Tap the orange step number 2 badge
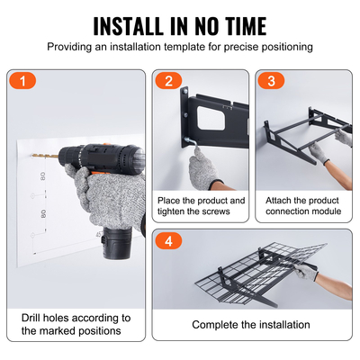click(166, 81)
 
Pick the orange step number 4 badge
click(166, 241)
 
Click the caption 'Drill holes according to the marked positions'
click(76, 325)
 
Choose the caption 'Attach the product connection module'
click(302, 206)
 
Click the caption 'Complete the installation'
click(251, 325)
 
